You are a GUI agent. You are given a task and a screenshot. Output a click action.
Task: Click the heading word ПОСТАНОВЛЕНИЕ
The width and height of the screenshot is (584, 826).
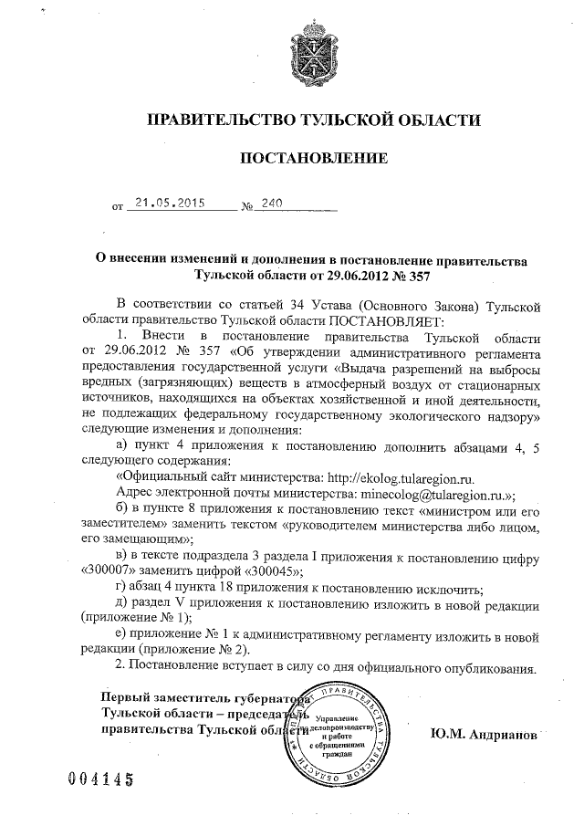[313, 159]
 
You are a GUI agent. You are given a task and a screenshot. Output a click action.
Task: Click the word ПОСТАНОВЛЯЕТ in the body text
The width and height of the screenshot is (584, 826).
[385, 320]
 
